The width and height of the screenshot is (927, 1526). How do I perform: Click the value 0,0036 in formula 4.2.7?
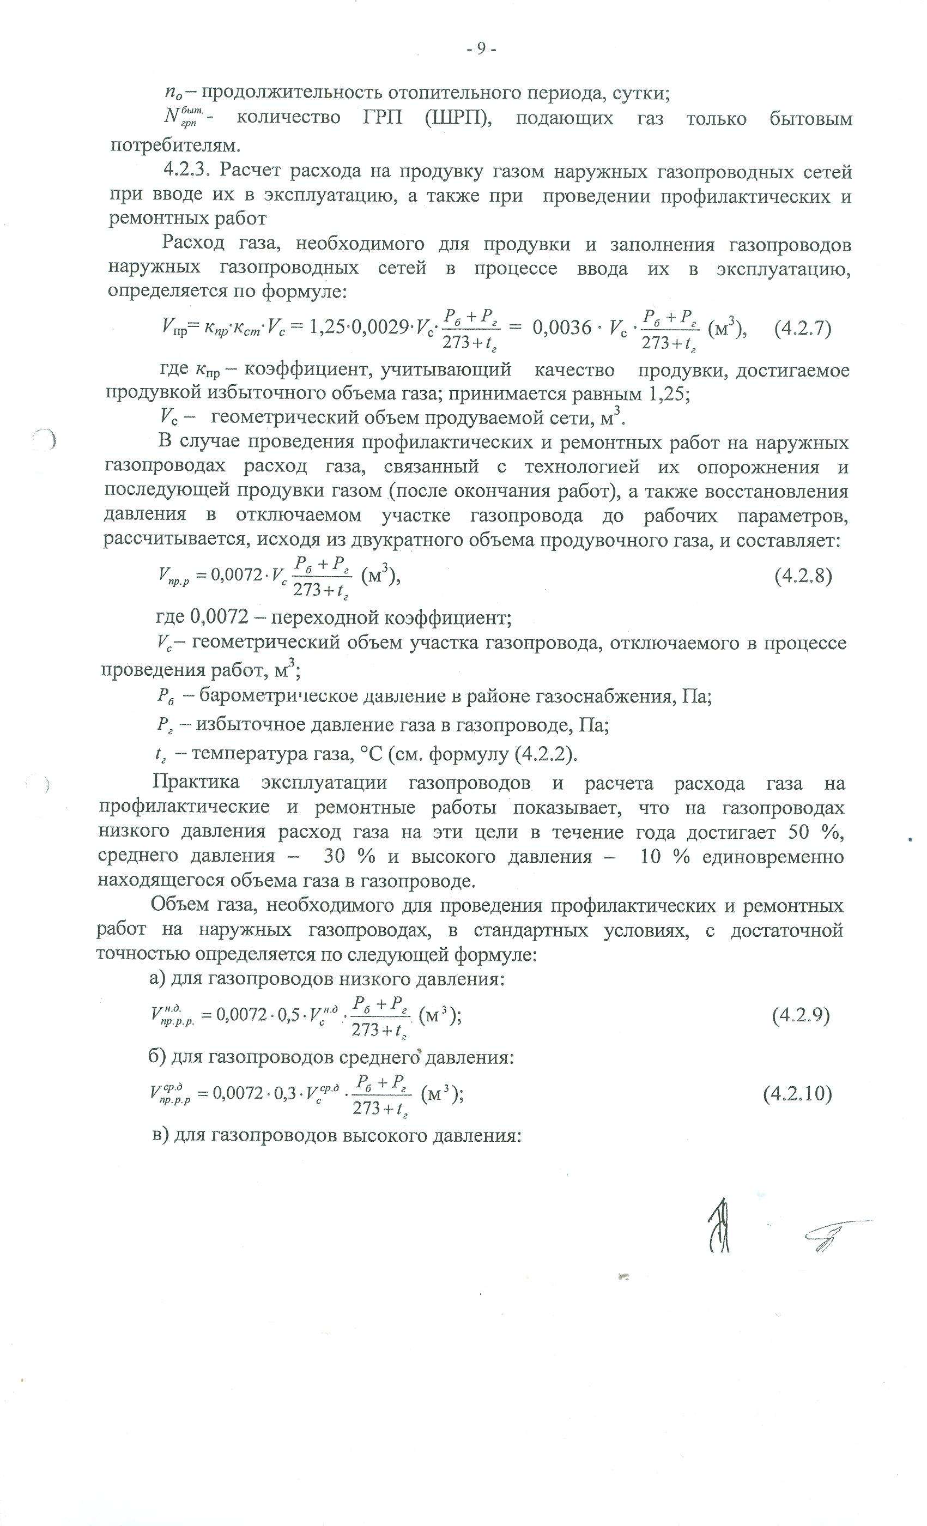[x=562, y=328]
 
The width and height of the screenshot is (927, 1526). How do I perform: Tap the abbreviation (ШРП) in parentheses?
[x=458, y=118]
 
